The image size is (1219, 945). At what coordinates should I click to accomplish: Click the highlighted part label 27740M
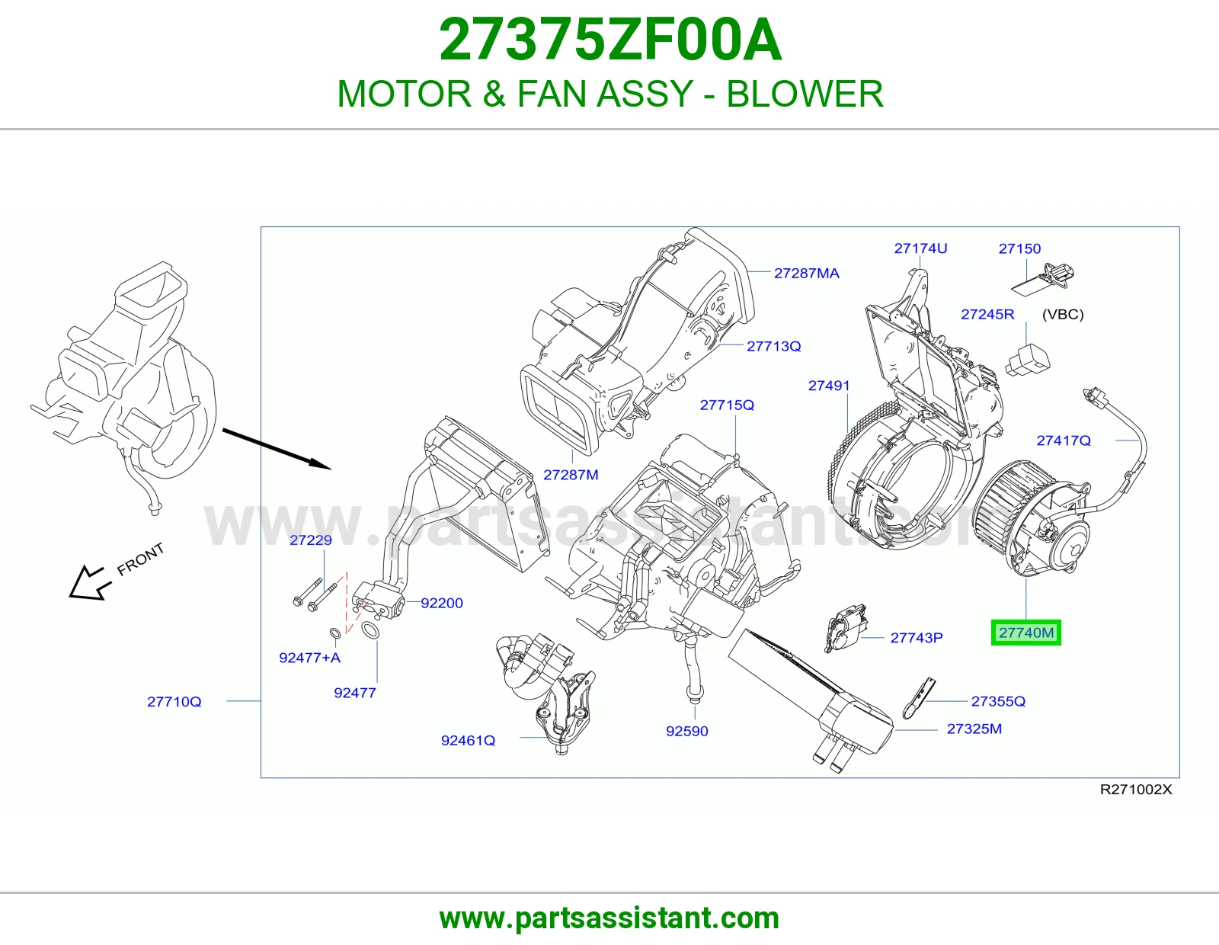1026,633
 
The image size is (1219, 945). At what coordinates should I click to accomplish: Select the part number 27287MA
807,274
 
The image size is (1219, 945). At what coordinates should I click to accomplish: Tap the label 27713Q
773,346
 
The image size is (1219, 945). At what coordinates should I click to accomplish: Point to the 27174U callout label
920,248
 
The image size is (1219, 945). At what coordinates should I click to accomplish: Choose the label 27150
1019,248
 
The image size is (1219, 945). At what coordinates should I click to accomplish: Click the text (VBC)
1063,314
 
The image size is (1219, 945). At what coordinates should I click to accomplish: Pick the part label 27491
829,386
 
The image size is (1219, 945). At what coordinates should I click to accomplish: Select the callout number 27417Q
1064,440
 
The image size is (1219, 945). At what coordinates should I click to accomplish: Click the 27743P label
917,637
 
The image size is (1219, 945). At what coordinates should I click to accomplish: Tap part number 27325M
974,729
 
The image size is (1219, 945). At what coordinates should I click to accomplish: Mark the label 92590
687,731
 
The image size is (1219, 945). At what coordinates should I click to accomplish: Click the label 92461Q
469,741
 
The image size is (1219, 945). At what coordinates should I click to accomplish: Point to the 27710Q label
174,701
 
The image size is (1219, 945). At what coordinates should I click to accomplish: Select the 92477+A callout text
309,658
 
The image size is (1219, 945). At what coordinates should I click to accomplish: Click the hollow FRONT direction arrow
87,583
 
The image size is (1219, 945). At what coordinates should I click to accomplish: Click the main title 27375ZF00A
610,40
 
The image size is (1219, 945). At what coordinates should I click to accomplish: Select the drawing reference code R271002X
1136,790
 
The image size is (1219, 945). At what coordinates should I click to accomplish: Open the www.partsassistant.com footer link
609,918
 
